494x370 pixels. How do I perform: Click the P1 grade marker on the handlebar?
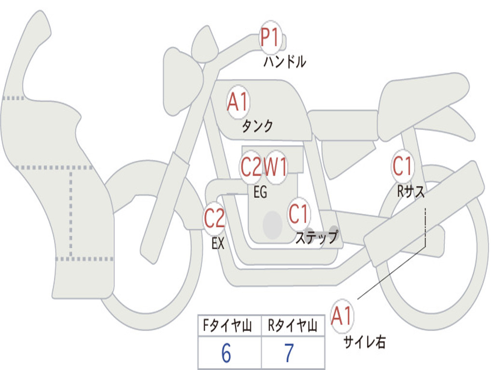pos(270,37)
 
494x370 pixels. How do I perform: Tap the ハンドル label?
pos(285,61)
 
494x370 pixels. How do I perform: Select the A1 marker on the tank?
pos(238,102)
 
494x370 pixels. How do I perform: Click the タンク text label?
pos(257,126)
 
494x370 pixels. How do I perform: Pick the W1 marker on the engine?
pos(275,167)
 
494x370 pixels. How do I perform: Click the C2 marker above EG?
pos(251,167)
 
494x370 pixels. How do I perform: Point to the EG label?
pos(260,192)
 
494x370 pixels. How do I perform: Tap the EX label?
pos(218,243)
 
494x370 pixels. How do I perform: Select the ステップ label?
pos(317,238)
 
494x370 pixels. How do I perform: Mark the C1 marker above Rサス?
pos(402,166)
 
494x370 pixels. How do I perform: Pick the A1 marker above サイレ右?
pos(342,316)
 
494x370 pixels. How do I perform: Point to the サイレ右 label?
pos(365,342)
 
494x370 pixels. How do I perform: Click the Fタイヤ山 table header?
pos(228,326)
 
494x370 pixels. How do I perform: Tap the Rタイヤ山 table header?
pos(293,326)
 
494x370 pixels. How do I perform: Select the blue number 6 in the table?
pos(226,353)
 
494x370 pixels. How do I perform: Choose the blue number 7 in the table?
pos(289,353)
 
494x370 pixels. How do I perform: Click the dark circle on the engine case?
pos(273,225)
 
